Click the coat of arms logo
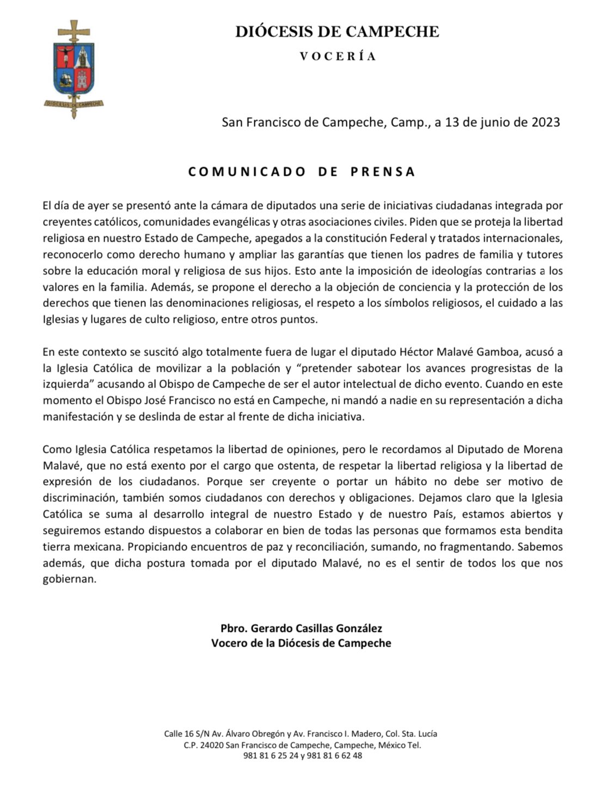(74, 69)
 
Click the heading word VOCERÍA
(338, 56)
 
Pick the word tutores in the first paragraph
(544, 254)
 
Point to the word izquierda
(65, 384)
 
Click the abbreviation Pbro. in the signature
(233, 629)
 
